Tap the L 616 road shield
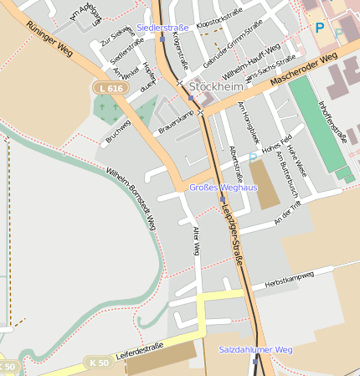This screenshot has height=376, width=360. coord(109,87)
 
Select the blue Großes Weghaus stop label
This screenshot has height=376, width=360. coord(223,188)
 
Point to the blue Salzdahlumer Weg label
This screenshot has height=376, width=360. coord(255,348)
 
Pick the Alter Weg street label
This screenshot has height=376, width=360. coord(197,240)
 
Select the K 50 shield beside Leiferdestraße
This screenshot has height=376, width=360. coord(96,362)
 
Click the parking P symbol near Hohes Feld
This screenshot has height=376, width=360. coord(253,157)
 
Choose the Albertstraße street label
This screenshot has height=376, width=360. coord(236,163)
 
